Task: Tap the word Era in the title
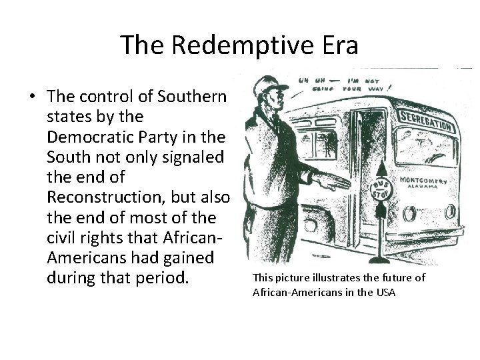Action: [x=339, y=45]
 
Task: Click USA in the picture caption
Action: [x=385, y=291]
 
